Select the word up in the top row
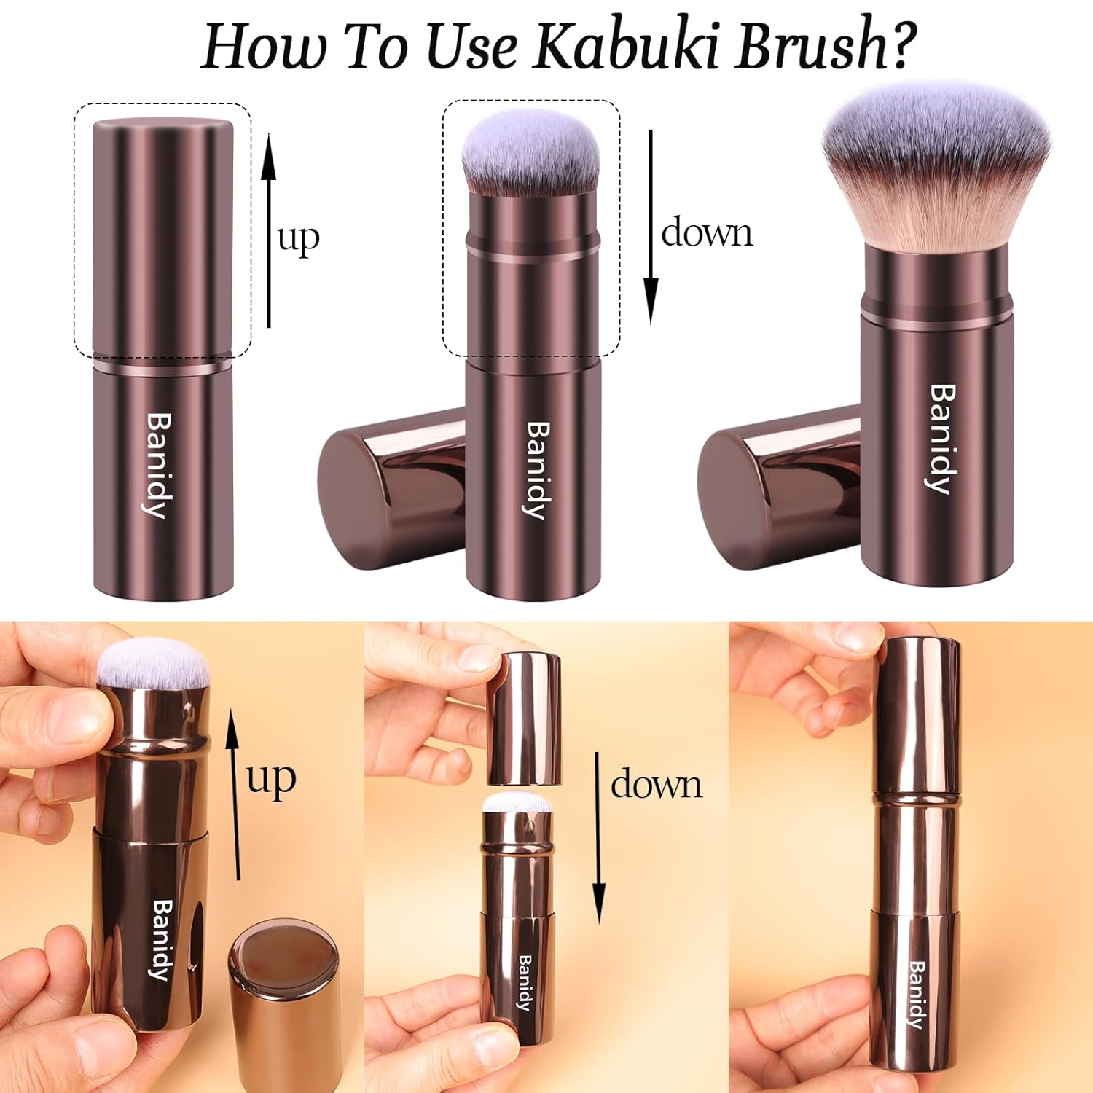299,238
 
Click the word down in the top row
707,233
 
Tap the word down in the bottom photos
656,785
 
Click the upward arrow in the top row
269,230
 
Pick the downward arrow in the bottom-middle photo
598,838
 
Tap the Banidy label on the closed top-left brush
158,465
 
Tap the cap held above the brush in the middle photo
524,718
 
